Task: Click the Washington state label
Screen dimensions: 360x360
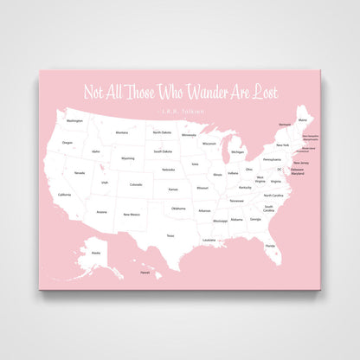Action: (x=75, y=121)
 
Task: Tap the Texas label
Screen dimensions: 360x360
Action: (x=170, y=235)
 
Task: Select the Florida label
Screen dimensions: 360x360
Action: (x=271, y=246)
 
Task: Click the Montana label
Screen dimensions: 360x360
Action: (x=122, y=132)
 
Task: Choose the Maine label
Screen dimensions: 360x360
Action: (x=302, y=119)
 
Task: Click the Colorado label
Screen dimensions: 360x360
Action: (x=136, y=184)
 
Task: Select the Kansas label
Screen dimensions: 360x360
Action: (x=173, y=189)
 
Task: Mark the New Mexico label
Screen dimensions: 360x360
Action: (x=131, y=215)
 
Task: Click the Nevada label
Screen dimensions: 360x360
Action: (x=80, y=173)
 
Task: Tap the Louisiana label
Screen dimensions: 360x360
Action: (x=209, y=239)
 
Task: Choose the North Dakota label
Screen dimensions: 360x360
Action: (x=162, y=132)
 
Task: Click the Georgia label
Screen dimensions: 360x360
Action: (x=255, y=219)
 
